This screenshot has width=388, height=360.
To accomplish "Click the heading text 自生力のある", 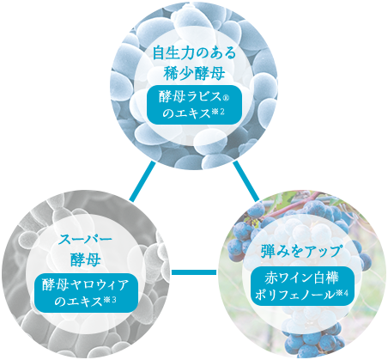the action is point(194,53).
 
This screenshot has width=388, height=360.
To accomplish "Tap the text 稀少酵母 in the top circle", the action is point(194,74).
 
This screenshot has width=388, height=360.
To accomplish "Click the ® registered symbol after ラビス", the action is point(226,99).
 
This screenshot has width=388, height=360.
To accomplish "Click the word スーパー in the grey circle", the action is point(85,240).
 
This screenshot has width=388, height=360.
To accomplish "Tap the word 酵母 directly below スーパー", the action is point(85,260).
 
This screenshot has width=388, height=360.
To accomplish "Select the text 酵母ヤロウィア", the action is point(85,285).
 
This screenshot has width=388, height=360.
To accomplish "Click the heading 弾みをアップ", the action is point(300,251).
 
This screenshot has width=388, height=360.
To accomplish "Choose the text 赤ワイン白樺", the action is point(301,278).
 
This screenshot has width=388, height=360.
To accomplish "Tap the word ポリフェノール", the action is point(294,295).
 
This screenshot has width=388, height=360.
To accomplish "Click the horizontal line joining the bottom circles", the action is point(194,272).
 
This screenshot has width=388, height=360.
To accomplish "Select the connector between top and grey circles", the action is point(142,181).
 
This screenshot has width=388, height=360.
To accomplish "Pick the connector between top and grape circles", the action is point(246,181).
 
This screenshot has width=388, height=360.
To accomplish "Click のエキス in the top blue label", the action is point(186,113).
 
